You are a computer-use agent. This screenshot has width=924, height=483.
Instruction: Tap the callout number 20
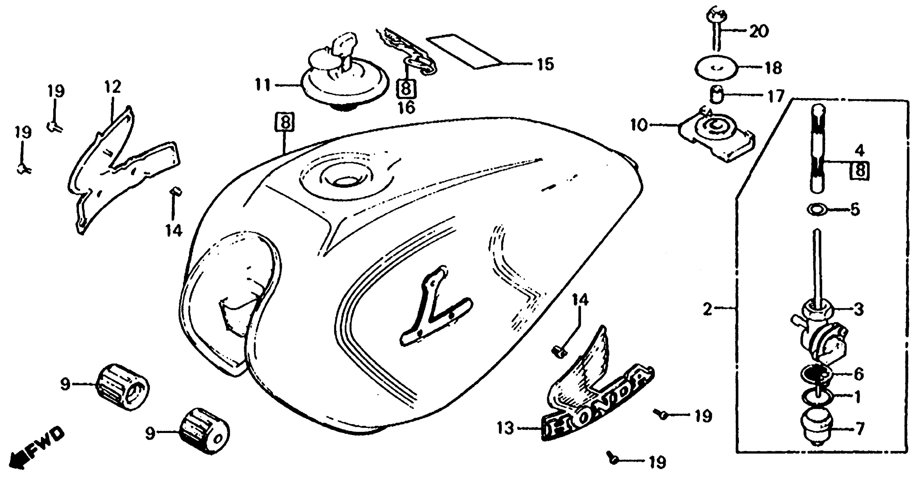pyautogui.click(x=759, y=32)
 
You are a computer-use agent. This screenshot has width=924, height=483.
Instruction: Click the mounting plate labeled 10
pyautogui.click(x=716, y=138)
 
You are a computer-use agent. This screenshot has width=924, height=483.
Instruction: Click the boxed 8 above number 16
pyautogui.click(x=406, y=88)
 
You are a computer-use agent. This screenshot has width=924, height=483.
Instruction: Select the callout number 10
pyautogui.click(x=639, y=126)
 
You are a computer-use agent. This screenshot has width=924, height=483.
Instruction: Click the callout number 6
pyautogui.click(x=858, y=374)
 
